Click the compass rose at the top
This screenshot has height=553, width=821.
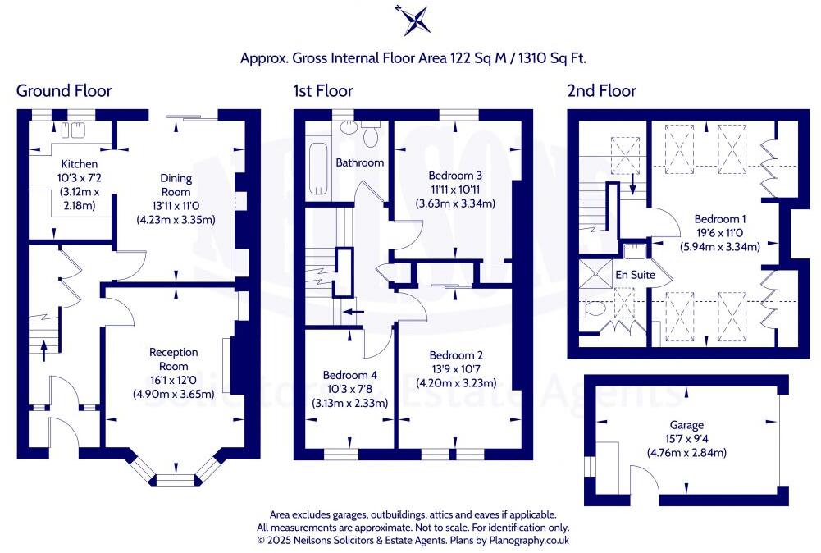pyautogui.click(x=411, y=21)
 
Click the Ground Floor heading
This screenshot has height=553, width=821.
pyautogui.click(x=64, y=90)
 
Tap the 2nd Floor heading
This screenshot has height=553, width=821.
pyautogui.click(x=601, y=90)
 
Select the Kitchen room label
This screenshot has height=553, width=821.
pyautogui.click(x=73, y=164)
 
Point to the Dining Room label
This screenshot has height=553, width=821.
pyautogui.click(x=176, y=185)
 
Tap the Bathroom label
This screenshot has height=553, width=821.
pyautogui.click(x=359, y=162)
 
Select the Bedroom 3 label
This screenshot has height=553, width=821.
pyautogui.click(x=455, y=176)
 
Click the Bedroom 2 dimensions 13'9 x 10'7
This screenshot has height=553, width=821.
pyautogui.click(x=456, y=369)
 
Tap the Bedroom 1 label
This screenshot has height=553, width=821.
pyautogui.click(x=720, y=219)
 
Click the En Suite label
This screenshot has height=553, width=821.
pyautogui.click(x=636, y=275)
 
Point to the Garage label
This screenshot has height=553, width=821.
pyautogui.click(x=686, y=425)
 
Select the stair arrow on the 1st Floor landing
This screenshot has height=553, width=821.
pyautogui.click(x=353, y=312)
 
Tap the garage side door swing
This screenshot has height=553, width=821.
pyautogui.click(x=646, y=481)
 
